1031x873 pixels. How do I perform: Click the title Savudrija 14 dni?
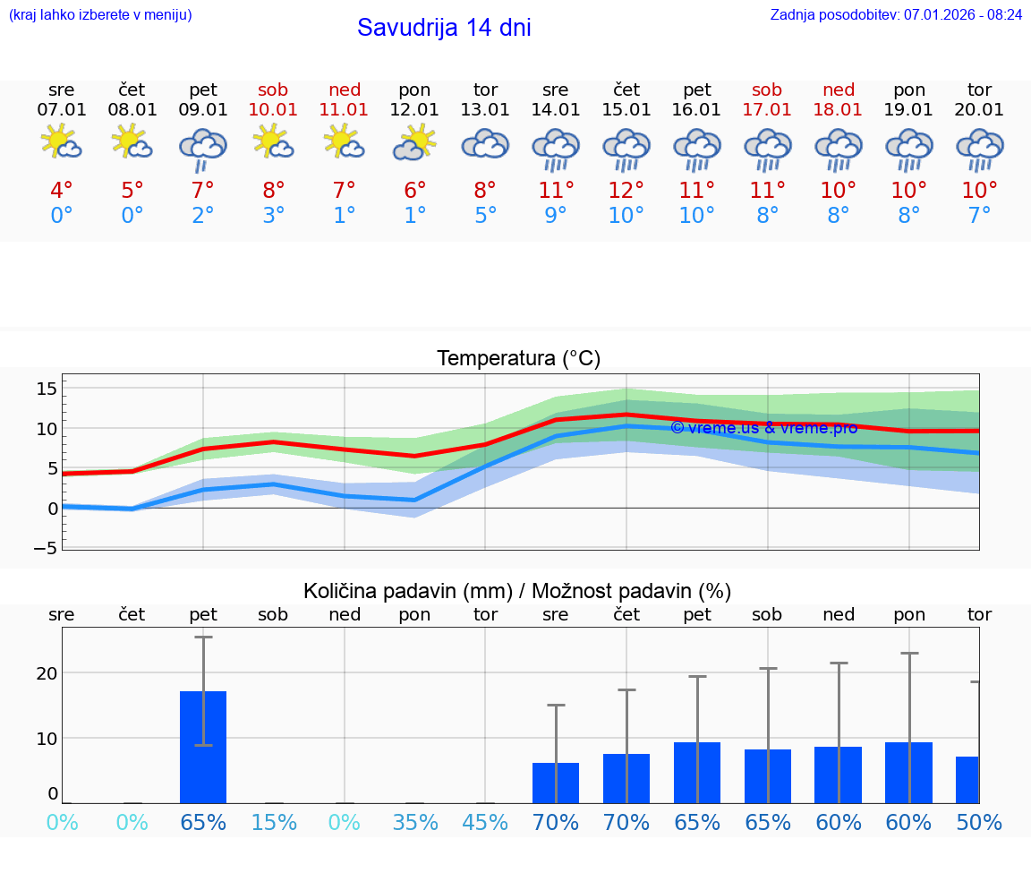pyautogui.click(x=444, y=28)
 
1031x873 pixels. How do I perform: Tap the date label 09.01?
pyautogui.click(x=203, y=110)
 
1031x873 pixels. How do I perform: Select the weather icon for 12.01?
pyautogui.click(x=414, y=143)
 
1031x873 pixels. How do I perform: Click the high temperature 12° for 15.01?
pyautogui.click(x=626, y=191)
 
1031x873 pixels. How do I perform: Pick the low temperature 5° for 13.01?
pyautogui.click(x=485, y=216)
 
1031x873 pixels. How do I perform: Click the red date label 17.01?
pyautogui.click(x=767, y=110)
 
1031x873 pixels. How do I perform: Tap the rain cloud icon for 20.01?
pyautogui.click(x=979, y=150)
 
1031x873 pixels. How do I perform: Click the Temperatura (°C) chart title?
pyautogui.click(x=518, y=359)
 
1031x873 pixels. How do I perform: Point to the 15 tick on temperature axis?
pyautogui.click(x=47, y=389)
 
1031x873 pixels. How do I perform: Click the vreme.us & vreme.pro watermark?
pyautogui.click(x=763, y=428)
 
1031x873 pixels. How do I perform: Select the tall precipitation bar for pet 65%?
pyautogui.click(x=203, y=747)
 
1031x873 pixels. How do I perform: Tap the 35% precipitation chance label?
pyautogui.click(x=414, y=823)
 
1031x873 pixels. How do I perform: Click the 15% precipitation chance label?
pyautogui.click(x=274, y=823)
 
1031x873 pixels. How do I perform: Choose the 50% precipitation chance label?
pyautogui.click(x=979, y=823)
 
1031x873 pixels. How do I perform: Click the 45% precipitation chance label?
pyautogui.click(x=485, y=823)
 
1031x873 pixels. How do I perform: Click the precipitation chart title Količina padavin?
pyautogui.click(x=517, y=591)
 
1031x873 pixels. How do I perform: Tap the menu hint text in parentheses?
pyautogui.click(x=99, y=15)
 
